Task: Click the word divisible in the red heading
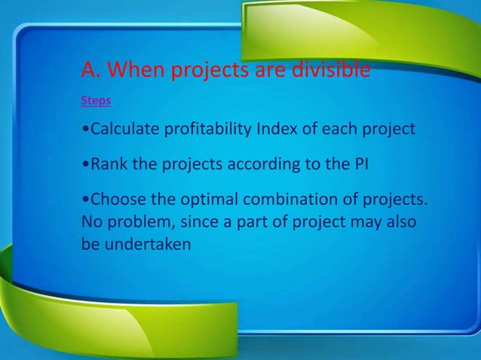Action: point(332,71)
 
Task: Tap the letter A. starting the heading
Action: point(90,71)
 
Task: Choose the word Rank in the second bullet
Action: point(107,164)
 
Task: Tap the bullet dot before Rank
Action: point(84,165)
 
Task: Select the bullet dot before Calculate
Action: point(84,130)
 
